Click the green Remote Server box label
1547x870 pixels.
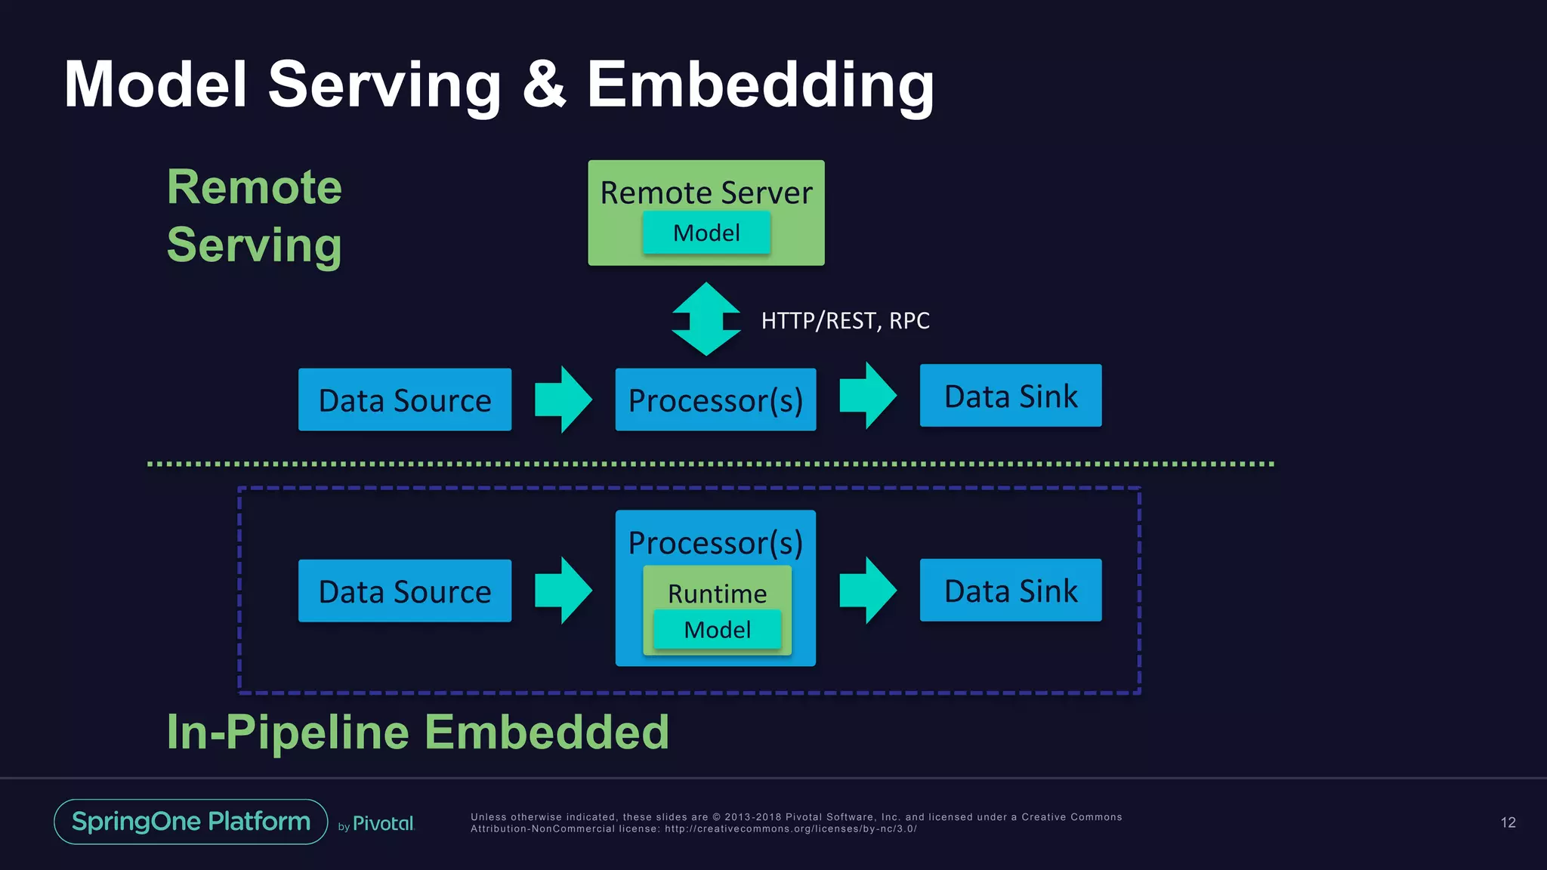click(706, 192)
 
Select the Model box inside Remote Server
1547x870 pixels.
click(706, 233)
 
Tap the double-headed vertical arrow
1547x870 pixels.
click(706, 319)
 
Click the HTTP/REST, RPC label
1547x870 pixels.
click(845, 321)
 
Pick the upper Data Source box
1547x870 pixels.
click(405, 400)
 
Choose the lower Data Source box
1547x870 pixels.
click(405, 591)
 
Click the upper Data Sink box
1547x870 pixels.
click(1010, 396)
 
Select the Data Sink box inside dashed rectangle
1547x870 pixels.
click(1010, 590)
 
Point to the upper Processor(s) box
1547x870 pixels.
click(715, 400)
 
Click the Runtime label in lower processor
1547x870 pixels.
click(717, 594)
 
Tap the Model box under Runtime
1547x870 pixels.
click(717, 629)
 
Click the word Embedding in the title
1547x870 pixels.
click(760, 85)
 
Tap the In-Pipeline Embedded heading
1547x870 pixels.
click(418, 732)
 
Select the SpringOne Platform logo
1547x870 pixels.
click(190, 822)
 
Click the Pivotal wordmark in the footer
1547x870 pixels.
click(383, 824)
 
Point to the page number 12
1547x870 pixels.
click(1508, 822)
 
